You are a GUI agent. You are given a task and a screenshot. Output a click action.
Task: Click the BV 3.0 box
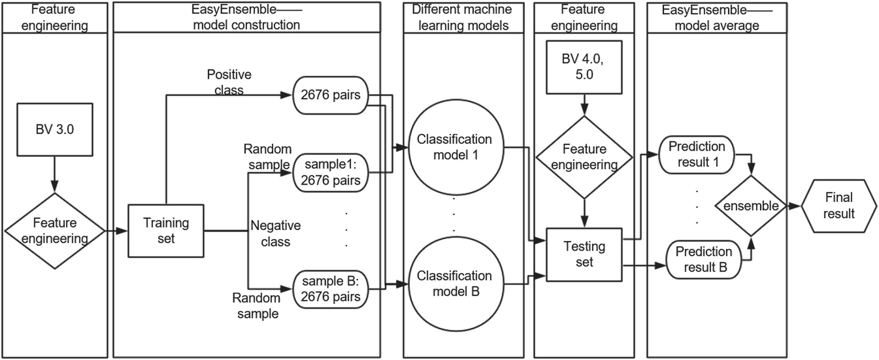[55, 129]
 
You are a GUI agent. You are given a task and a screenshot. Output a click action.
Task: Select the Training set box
[166, 231]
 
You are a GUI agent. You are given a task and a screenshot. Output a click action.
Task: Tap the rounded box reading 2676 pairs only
[330, 95]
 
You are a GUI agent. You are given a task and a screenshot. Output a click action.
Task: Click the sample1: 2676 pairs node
[330, 172]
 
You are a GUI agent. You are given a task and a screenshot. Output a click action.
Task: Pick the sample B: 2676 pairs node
[330, 289]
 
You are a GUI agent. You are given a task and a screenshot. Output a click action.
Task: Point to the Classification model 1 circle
[454, 148]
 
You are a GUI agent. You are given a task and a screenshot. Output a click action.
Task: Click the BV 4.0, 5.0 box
[584, 67]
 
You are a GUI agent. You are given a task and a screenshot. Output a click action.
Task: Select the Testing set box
[584, 255]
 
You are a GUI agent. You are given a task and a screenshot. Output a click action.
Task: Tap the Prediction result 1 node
[696, 154]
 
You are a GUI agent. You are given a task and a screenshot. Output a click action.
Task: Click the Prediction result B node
[703, 259]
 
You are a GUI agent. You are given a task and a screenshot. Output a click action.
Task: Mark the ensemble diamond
[751, 206]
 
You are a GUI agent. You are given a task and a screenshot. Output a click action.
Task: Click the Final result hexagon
[839, 206]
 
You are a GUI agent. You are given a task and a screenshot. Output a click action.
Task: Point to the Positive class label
[229, 82]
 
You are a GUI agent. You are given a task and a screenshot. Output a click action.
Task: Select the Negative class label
[275, 234]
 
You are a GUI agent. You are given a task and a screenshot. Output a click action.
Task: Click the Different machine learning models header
[462, 17]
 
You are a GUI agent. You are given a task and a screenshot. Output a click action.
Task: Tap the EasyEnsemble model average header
[717, 17]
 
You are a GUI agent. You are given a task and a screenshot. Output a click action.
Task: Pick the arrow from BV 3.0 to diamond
[55, 174]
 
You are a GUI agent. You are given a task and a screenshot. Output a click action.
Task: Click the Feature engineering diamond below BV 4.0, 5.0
[584, 157]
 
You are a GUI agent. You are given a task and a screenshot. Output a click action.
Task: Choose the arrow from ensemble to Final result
[793, 206]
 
